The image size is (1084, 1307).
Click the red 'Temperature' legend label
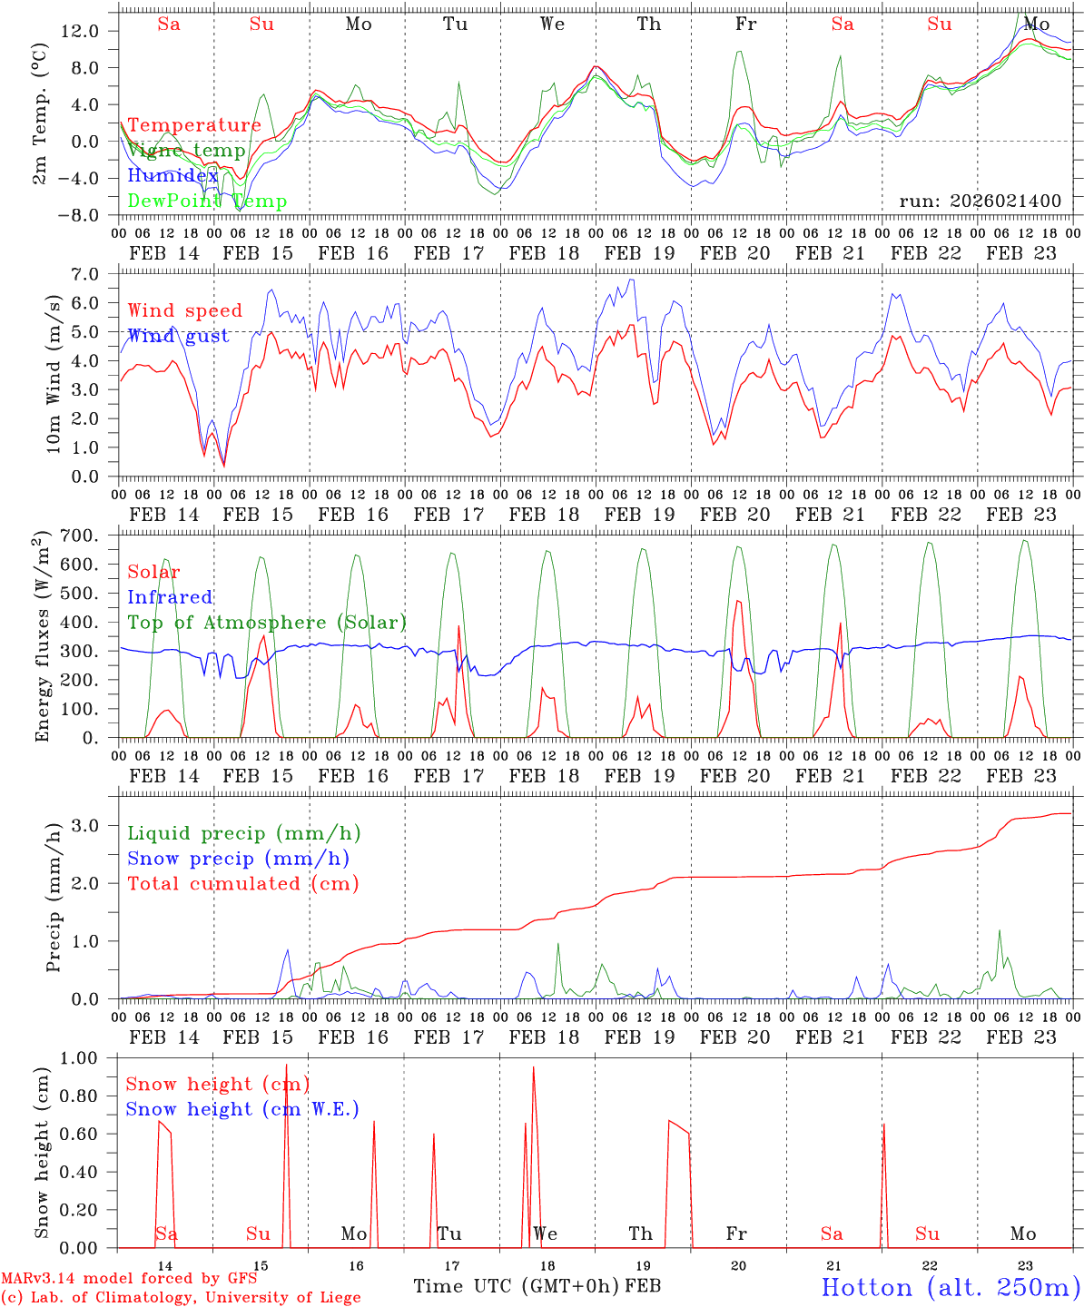click(194, 125)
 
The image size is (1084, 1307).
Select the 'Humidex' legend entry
click(172, 176)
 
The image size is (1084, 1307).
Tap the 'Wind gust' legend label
click(178, 336)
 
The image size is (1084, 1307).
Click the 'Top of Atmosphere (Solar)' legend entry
click(267, 623)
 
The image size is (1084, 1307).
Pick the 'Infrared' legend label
click(170, 597)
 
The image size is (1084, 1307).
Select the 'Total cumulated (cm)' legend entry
click(242, 883)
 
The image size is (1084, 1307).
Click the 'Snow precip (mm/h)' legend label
click(238, 859)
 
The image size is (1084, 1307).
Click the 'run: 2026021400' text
click(980, 201)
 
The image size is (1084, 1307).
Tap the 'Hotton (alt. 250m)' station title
click(950, 1287)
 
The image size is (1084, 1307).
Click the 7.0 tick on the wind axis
click(89, 274)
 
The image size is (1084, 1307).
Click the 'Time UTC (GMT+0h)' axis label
click(516, 1286)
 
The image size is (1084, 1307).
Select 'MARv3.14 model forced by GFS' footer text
click(129, 1279)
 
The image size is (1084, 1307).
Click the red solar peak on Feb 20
click(737, 601)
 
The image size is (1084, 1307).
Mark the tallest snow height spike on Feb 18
click(533, 1067)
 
